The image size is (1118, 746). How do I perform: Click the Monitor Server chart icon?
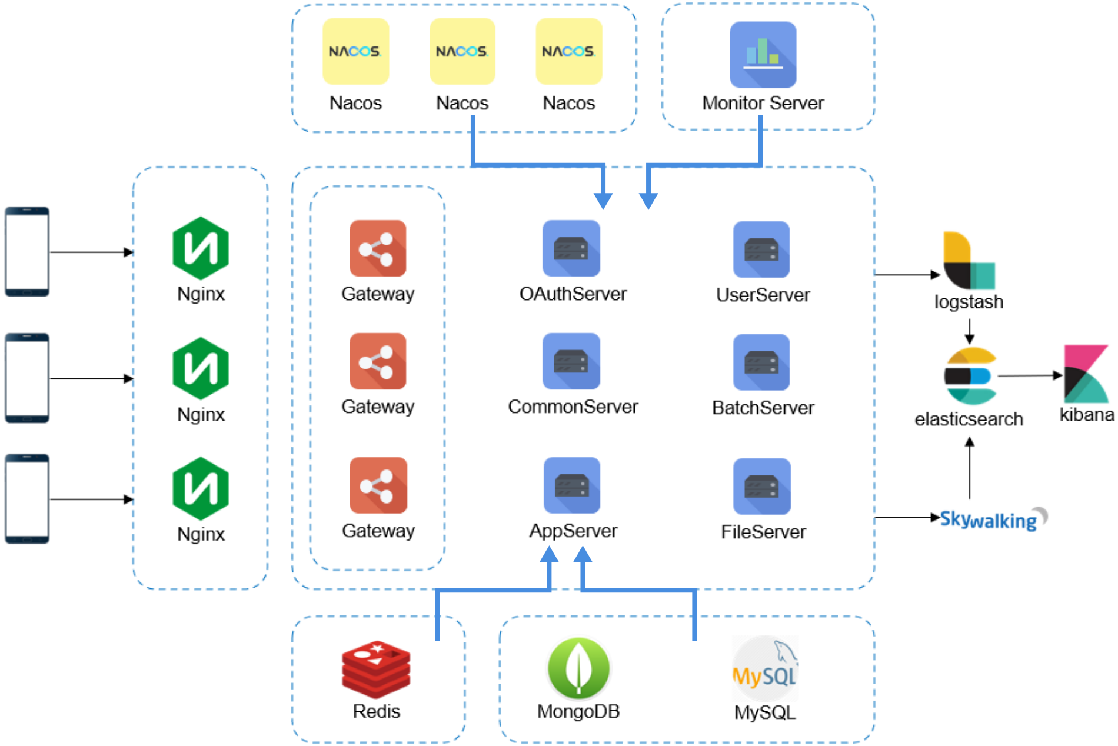coord(763,55)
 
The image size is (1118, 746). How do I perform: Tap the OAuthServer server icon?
coord(571,248)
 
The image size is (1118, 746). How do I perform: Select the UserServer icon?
coord(761,249)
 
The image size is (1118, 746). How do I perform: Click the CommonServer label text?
coord(573,407)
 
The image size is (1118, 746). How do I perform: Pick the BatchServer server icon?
coord(761,362)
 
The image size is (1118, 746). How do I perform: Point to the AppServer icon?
coord(572,485)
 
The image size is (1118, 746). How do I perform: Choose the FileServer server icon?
coord(762,487)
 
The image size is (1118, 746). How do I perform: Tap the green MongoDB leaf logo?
coord(579,668)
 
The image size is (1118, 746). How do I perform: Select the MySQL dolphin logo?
coord(764,668)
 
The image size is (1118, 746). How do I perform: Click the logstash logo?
coord(969,261)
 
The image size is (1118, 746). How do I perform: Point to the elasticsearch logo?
coord(970,376)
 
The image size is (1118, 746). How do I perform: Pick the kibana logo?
coord(1086,374)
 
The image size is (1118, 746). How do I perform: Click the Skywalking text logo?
coord(993,519)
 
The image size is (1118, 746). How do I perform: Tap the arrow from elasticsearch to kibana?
coord(1030,375)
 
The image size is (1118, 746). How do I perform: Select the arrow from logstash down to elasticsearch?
coord(970,331)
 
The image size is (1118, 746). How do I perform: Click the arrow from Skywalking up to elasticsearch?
coord(970,468)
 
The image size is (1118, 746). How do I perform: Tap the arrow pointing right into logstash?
coord(908,274)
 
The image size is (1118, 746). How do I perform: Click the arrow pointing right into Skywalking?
coord(908,518)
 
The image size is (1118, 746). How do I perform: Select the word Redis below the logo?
coord(377,711)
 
